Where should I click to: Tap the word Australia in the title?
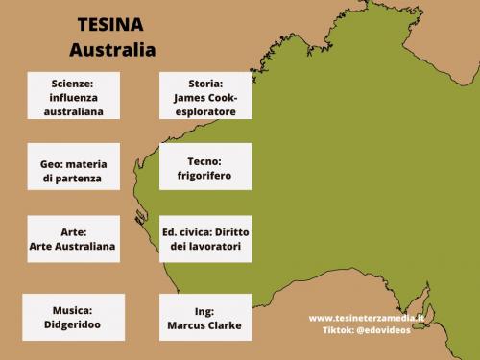tap(112, 48)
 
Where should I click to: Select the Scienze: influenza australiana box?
tap(73, 96)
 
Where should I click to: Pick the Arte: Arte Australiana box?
tap(73, 239)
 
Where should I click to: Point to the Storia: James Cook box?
tap(205, 96)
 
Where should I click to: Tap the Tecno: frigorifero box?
tap(205, 169)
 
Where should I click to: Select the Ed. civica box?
tap(205, 239)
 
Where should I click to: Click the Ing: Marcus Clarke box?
tap(205, 318)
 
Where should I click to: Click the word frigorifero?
tap(205, 177)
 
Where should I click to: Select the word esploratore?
tap(205, 110)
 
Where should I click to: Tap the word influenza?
tap(73, 97)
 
